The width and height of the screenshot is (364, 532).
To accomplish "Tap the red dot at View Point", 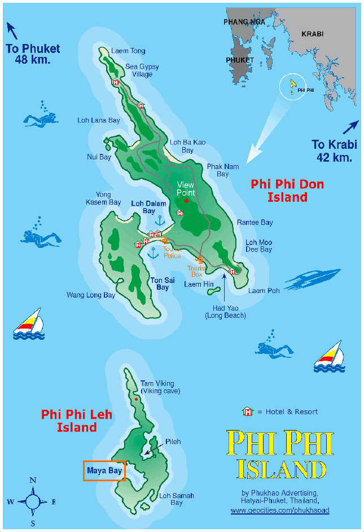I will point(186,201).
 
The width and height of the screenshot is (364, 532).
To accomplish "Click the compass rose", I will point(33,500).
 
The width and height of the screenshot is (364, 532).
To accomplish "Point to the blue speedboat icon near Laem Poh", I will point(313,278).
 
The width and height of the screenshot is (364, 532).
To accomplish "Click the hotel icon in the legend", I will point(247,411).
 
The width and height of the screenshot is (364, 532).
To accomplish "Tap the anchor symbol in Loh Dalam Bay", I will point(160,220).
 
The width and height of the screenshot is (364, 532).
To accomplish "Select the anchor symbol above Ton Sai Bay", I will point(152,253).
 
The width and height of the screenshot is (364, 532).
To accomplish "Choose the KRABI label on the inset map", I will point(313,34).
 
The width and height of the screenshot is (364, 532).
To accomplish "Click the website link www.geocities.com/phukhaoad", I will point(279,510).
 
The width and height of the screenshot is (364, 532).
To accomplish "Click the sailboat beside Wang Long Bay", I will point(28,324).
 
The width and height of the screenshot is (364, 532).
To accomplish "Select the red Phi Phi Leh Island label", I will point(77,421).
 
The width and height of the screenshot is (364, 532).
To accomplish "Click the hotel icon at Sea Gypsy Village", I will point(116,82).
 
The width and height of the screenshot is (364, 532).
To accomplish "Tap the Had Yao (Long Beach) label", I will point(225,312).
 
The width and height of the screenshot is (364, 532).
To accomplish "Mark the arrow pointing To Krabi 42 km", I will point(350,128).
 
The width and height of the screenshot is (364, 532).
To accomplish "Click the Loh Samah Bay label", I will point(176,499).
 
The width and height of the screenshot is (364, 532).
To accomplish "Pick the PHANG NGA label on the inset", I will point(244,22).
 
